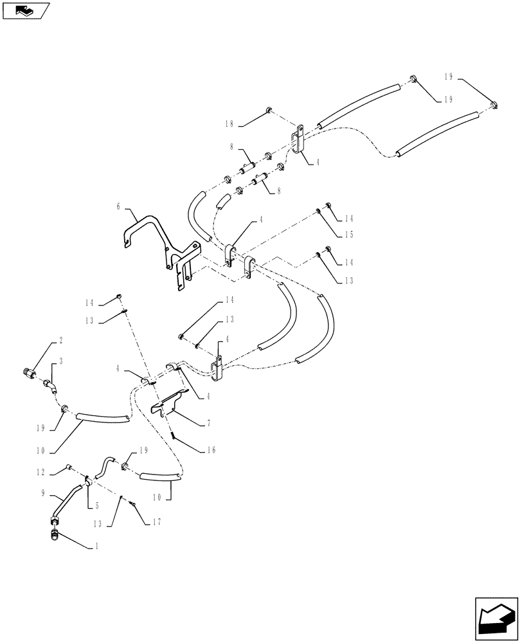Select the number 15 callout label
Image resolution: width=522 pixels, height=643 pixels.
[x=348, y=236]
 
